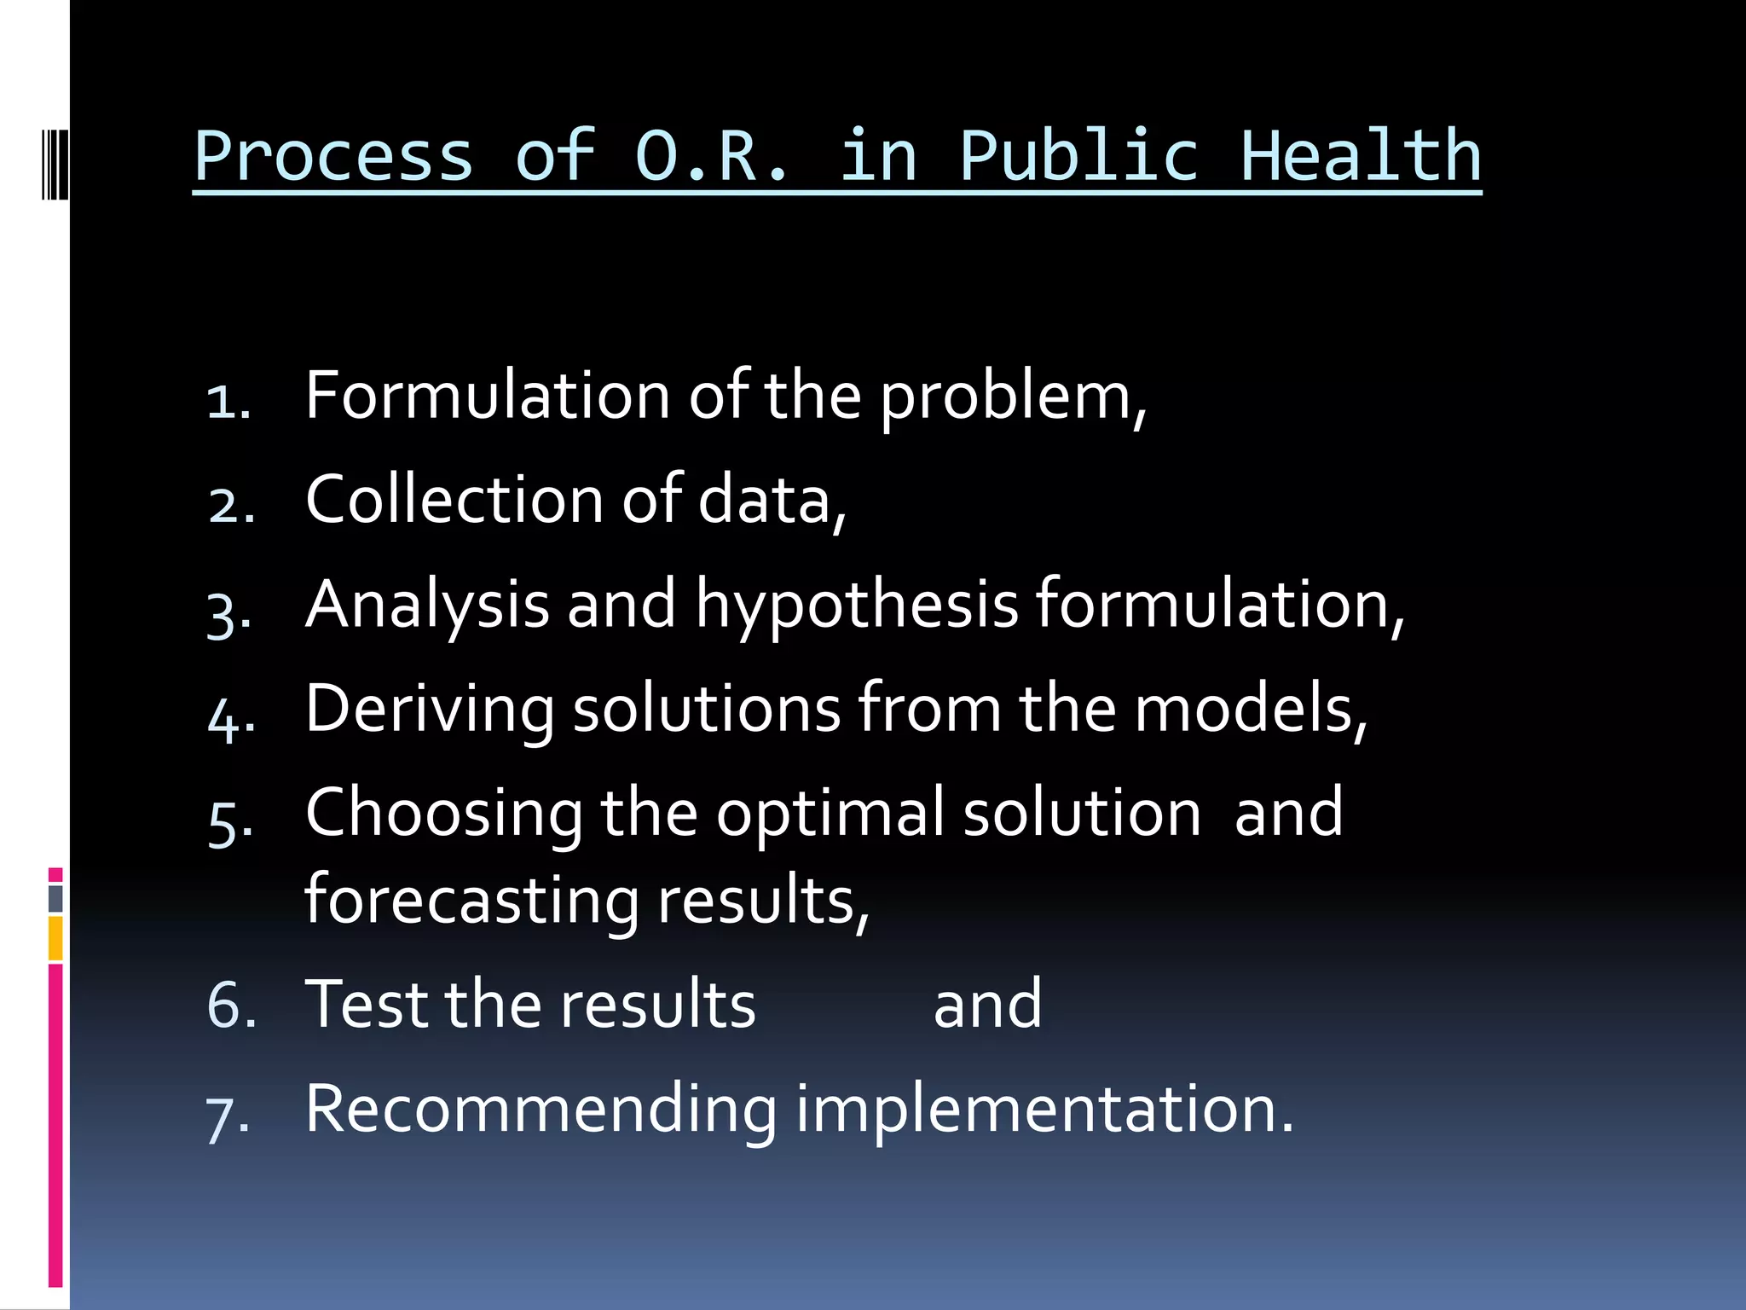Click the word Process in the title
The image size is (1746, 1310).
tap(333, 157)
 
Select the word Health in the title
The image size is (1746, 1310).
tap(1361, 157)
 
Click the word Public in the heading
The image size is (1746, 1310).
tap(1079, 157)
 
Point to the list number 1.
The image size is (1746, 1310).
tap(228, 401)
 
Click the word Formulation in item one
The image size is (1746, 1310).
tap(488, 396)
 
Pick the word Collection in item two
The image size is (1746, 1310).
tap(454, 500)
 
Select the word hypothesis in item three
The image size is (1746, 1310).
tap(857, 606)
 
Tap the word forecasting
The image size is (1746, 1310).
tap(471, 901)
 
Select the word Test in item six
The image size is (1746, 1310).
tap(366, 1004)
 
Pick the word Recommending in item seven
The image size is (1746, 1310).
tap(541, 1109)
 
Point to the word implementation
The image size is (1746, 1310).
tap(1044, 1109)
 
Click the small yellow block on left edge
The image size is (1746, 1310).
tap(55, 938)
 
